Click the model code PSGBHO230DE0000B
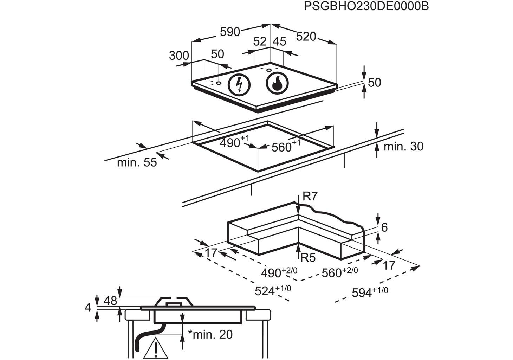tap(366, 6)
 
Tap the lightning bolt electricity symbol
tap(240, 84)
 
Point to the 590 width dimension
tap(230, 32)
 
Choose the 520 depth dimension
tap(306, 36)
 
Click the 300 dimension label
tap(179, 56)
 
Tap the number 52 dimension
tap(260, 41)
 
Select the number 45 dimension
tap(280, 41)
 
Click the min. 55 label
tap(137, 162)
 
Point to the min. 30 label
tap(403, 146)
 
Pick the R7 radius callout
tap(310, 196)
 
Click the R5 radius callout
tap(308, 258)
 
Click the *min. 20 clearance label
tap(210, 334)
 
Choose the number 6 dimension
tap(384, 227)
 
